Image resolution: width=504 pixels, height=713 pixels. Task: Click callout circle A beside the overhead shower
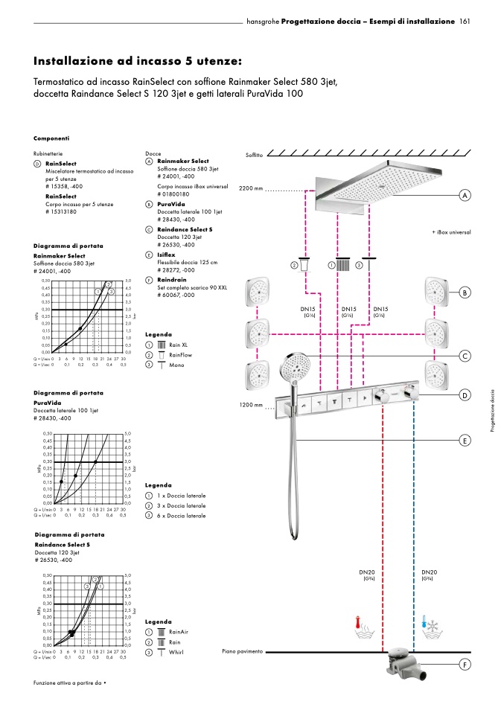[465, 195]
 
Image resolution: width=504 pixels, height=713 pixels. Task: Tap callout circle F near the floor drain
[465, 664]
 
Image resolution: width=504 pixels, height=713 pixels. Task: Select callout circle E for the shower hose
[465, 441]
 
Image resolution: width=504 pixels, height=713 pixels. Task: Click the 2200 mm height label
[252, 189]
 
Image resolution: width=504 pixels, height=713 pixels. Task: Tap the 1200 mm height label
[252, 405]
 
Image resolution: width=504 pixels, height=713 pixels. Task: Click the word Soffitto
[254, 154]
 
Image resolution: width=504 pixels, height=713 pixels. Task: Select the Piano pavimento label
[243, 651]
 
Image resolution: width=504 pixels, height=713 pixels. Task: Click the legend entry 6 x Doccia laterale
[181, 515]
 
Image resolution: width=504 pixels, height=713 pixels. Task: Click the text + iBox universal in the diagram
[451, 232]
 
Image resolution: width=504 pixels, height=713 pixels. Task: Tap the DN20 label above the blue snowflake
[430, 572]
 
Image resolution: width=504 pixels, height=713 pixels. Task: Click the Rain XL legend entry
[178, 345]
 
